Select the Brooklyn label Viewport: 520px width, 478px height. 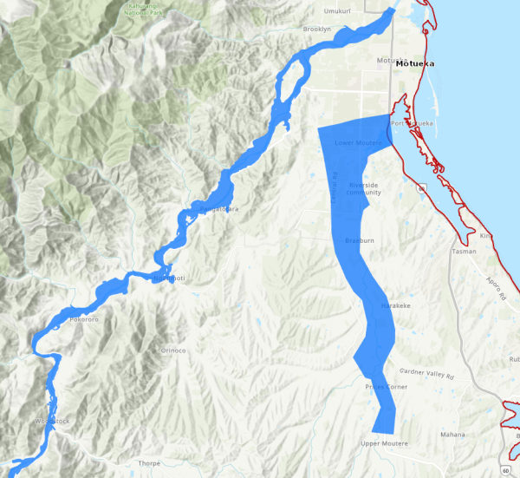pyautogui.click(x=317, y=29)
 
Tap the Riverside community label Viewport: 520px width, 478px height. pyautogui.click(x=364, y=188)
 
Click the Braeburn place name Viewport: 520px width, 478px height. pyautogui.click(x=359, y=239)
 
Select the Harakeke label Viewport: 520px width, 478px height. pyautogui.click(x=394, y=307)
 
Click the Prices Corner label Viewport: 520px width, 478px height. pyautogui.click(x=386, y=386)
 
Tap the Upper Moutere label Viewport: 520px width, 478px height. pyautogui.click(x=384, y=444)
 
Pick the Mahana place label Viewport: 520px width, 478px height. pyautogui.click(x=452, y=434)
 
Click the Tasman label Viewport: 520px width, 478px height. pyautogui.click(x=464, y=252)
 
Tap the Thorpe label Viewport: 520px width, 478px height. pyautogui.click(x=149, y=463)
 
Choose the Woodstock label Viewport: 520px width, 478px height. pyautogui.click(x=49, y=421)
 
